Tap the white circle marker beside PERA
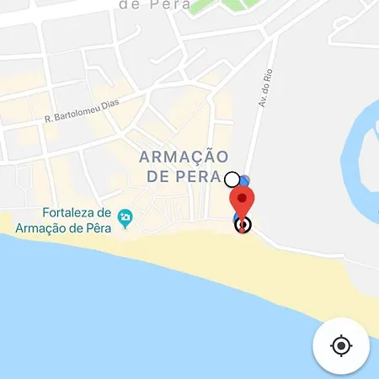click(232, 179)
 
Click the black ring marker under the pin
click(243, 224)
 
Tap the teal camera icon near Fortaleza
click(125, 217)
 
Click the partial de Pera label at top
click(152, 4)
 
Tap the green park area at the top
click(223, 7)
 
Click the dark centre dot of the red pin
click(242, 199)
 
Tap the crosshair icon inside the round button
click(341, 345)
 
